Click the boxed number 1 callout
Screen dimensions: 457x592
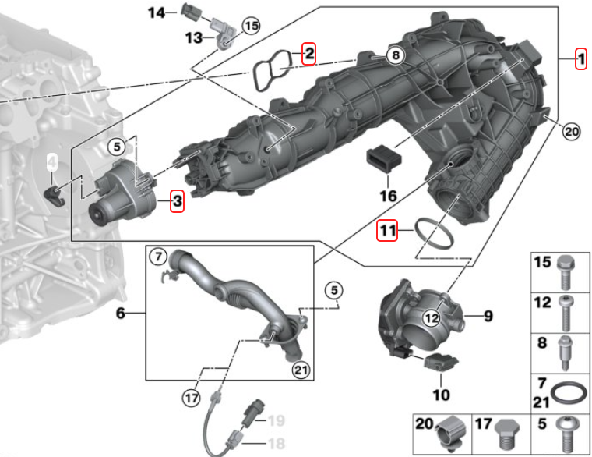[580, 58]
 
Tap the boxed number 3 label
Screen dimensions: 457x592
[177, 203]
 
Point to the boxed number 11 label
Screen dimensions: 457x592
[387, 230]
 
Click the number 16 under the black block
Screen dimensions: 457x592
[387, 196]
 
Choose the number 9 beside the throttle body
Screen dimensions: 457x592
[488, 316]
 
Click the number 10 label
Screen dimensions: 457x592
[441, 395]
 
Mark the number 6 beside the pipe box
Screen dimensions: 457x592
[121, 314]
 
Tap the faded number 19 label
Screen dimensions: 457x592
[276, 422]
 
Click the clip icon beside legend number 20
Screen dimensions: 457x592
[453, 434]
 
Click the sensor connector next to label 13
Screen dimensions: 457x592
[224, 35]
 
